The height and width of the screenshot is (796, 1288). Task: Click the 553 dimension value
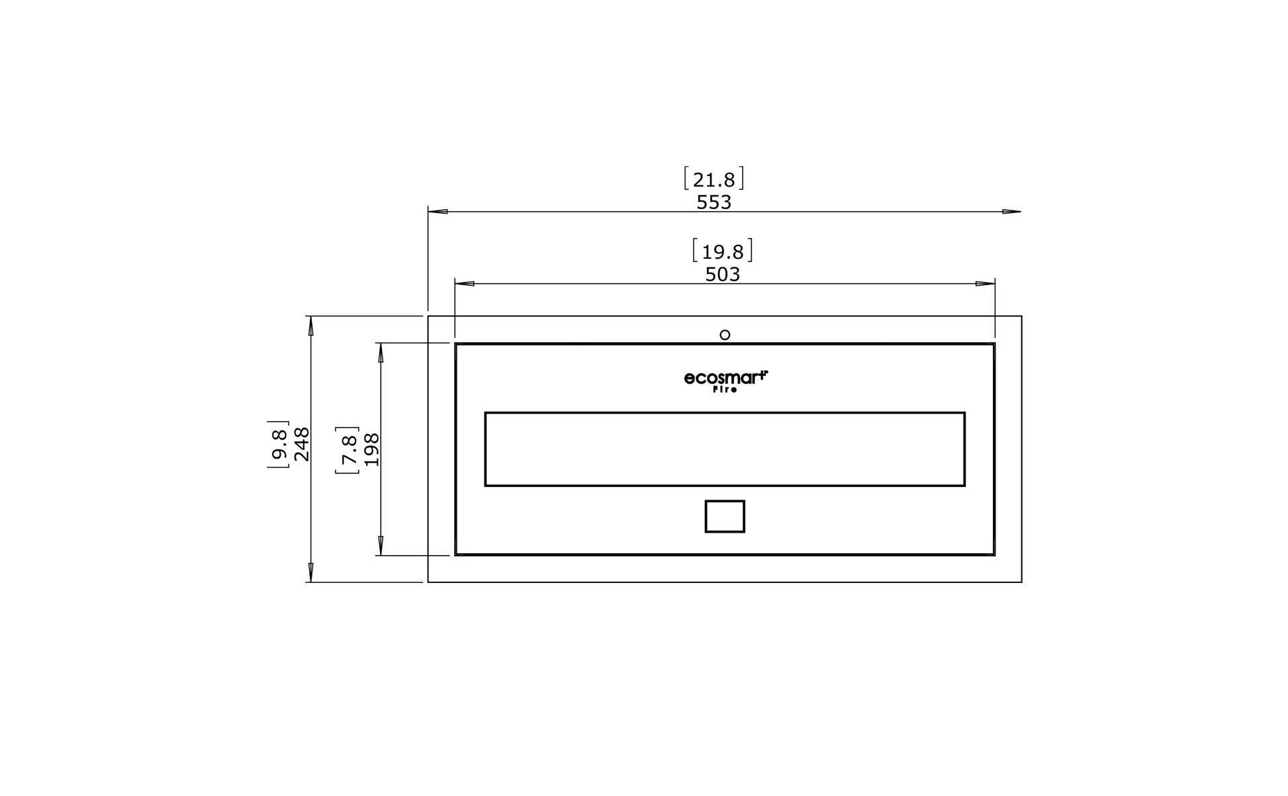point(713,202)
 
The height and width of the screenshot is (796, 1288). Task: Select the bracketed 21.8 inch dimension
point(713,179)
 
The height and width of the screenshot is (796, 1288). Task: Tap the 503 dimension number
point(722,275)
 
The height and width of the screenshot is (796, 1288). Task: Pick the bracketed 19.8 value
point(722,251)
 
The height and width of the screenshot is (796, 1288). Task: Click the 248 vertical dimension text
point(302,445)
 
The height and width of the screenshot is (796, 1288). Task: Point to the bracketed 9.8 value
point(279,445)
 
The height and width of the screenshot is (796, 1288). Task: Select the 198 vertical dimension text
point(372,450)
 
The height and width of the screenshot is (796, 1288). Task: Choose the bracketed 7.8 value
point(347,450)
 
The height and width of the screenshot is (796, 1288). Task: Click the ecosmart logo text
point(725,378)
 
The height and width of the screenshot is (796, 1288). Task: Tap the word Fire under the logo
point(725,390)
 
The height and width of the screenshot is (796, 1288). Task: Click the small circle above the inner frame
point(725,335)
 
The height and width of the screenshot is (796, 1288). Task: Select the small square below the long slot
point(725,516)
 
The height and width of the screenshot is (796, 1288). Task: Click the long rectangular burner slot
point(725,449)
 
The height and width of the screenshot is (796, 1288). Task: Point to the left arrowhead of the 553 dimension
point(437,212)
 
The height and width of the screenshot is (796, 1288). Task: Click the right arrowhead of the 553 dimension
point(1011,212)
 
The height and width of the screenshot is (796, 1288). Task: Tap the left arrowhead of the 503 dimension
point(465,284)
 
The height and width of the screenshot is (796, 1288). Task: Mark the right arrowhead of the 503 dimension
point(985,284)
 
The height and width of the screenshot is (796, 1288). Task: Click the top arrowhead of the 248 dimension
point(311,326)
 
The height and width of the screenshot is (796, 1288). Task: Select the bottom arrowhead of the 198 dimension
point(381,546)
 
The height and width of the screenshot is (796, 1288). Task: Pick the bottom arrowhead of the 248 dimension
point(311,573)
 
